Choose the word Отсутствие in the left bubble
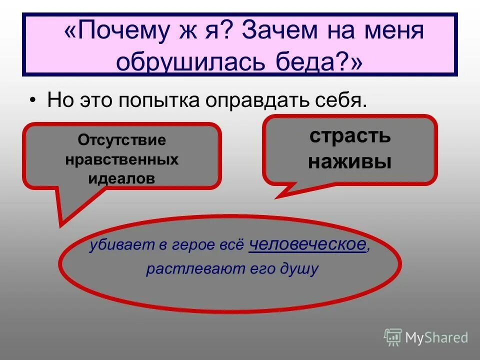pyautogui.click(x=121, y=140)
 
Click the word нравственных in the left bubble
pyautogui.click(x=121, y=159)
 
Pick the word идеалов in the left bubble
pyautogui.click(x=121, y=178)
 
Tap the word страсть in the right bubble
pyautogui.click(x=349, y=136)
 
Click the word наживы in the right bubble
pyautogui.click(x=349, y=162)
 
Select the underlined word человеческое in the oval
pyautogui.click(x=307, y=244)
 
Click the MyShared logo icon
pyautogui.click(x=393, y=337)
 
